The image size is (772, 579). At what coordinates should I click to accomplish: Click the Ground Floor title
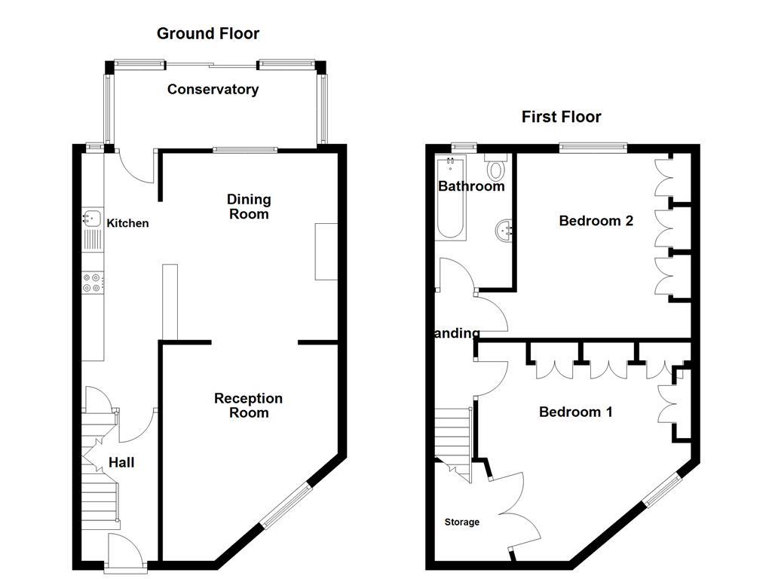(x=207, y=33)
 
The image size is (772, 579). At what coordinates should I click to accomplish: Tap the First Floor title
(x=561, y=117)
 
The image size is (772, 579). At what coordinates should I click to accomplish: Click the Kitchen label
(x=127, y=223)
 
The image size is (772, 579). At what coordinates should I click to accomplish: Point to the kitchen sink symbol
(x=92, y=219)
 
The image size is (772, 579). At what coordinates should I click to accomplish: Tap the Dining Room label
(x=249, y=207)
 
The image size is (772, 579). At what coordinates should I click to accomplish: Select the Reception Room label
(x=248, y=406)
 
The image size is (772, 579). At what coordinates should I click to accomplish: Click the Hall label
(x=121, y=462)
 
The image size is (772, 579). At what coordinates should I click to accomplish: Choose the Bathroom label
(x=471, y=186)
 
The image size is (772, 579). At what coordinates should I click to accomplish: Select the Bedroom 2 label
(x=596, y=221)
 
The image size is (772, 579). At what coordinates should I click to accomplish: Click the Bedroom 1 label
(x=575, y=412)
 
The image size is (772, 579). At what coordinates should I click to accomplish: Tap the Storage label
(x=461, y=522)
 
